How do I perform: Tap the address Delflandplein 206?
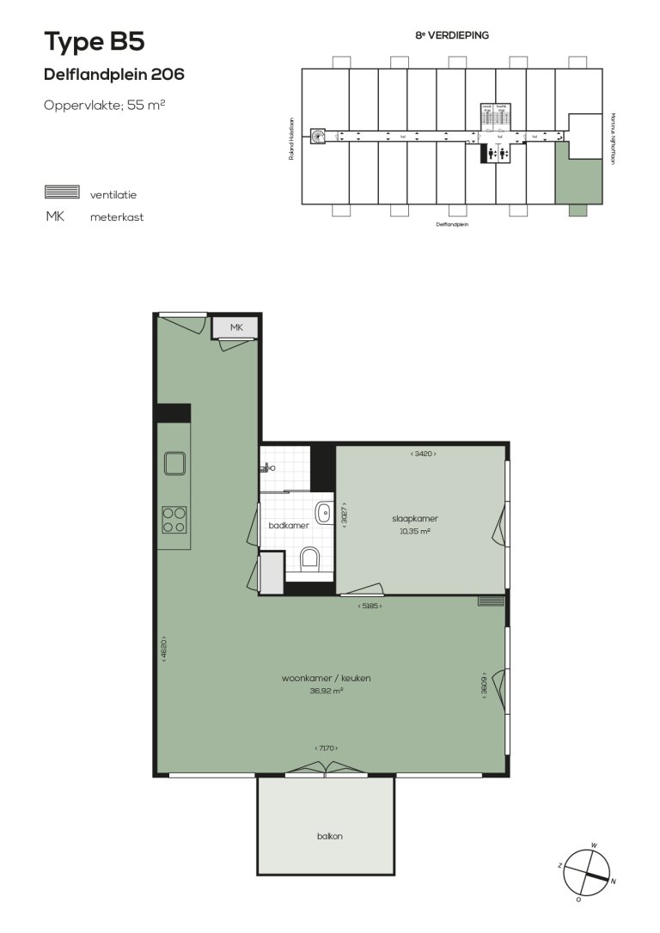click(x=113, y=75)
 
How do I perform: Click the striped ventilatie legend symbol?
click(x=62, y=192)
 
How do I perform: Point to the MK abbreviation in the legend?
click(x=55, y=216)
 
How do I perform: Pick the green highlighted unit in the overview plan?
click(x=574, y=175)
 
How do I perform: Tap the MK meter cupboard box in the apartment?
click(x=235, y=327)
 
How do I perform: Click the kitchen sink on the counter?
click(x=175, y=464)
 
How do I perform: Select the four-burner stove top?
click(x=174, y=519)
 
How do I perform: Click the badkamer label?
click(x=283, y=525)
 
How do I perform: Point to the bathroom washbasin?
click(x=323, y=513)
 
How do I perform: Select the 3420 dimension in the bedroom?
click(x=424, y=454)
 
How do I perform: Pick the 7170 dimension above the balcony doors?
click(x=327, y=748)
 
